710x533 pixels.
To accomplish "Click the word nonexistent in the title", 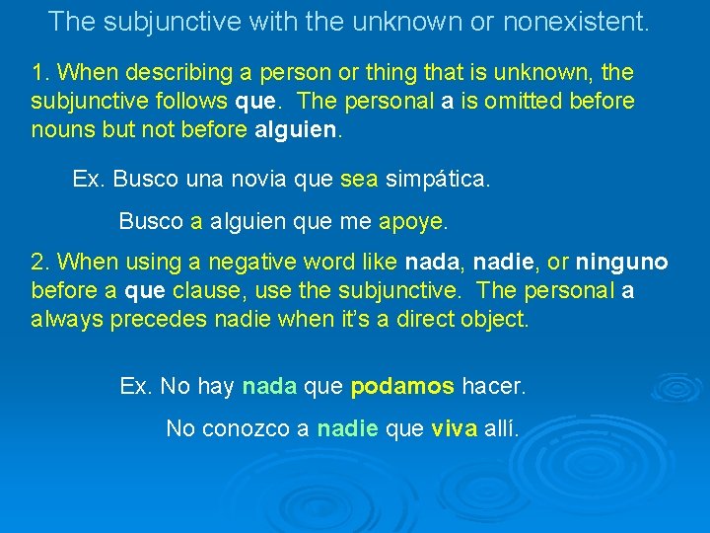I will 576,21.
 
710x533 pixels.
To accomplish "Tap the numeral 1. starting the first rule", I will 40,73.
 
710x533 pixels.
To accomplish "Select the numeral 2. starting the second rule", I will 40,263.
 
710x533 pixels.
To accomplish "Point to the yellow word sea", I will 358,180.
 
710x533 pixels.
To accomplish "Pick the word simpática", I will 437,180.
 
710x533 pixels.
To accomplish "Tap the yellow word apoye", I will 411,221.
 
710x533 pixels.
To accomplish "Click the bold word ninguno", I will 621,263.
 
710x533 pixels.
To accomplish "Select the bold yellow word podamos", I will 402,387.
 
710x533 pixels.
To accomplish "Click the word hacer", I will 494,387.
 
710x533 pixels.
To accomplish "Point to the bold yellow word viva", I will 455,428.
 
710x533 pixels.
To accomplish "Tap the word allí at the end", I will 501,428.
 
